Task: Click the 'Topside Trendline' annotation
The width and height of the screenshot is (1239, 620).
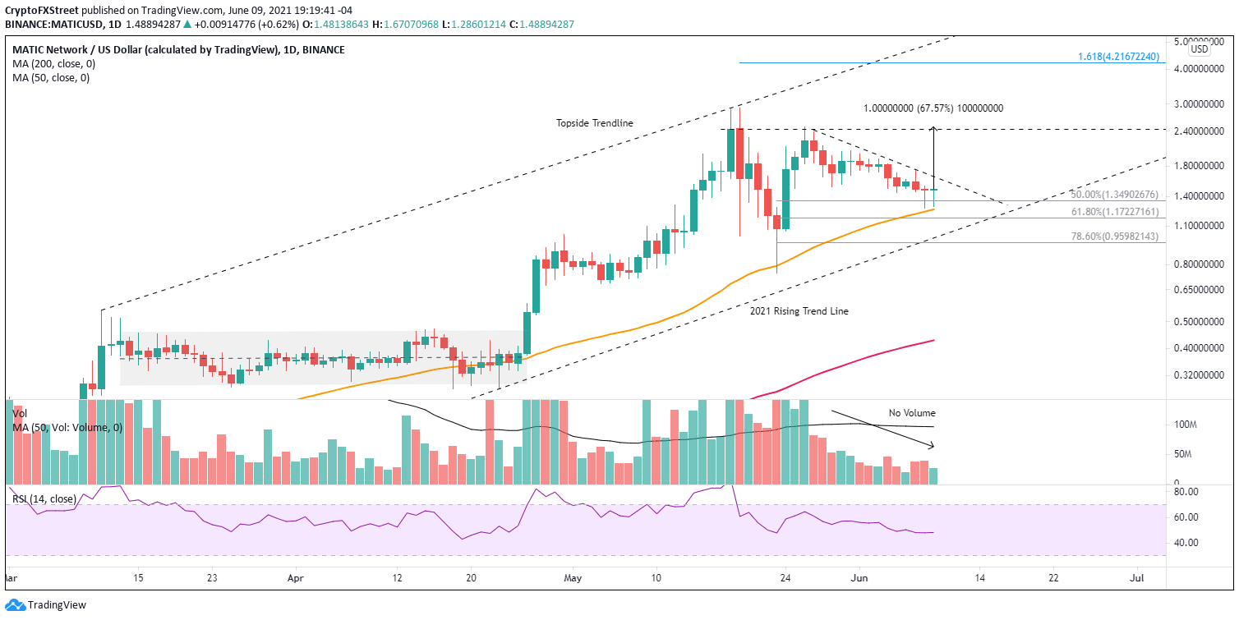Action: point(595,123)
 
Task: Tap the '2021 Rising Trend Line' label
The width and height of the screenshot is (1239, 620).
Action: point(799,311)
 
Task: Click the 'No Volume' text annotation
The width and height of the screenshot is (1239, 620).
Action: point(911,413)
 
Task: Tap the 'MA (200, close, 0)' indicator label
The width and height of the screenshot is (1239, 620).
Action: point(51,64)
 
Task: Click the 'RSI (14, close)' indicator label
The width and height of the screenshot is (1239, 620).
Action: point(44,498)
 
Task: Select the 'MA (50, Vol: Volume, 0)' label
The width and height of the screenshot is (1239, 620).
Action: point(67,428)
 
